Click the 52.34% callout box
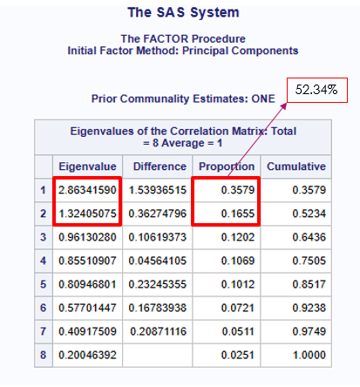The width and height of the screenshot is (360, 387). [x=317, y=90]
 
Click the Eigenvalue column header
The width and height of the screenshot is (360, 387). [x=87, y=166]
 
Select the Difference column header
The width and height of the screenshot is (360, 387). [x=160, y=166]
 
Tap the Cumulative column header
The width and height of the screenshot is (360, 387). [x=296, y=166]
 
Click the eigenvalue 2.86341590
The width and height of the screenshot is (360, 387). [x=87, y=190]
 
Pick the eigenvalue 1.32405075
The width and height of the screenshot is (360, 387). [x=87, y=214]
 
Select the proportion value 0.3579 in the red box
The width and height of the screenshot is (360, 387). [x=238, y=190]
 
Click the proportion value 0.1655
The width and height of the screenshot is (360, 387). [x=238, y=214]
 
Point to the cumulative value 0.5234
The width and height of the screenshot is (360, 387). [x=309, y=214]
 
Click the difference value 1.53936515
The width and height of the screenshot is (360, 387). [x=157, y=190]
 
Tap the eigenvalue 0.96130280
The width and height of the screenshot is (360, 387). [x=87, y=237]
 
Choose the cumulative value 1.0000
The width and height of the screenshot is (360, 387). [x=309, y=355]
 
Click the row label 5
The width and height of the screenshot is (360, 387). [x=43, y=284]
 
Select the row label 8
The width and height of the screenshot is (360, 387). [x=43, y=355]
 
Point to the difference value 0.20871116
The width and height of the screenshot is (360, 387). [x=158, y=331]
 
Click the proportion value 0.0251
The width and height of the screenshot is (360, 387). [x=238, y=355]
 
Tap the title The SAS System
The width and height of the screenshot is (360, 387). [x=183, y=13]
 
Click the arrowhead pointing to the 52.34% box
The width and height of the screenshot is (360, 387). [x=283, y=106]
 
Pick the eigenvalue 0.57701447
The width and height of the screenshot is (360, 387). [x=87, y=308]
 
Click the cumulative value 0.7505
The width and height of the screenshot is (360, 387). [x=309, y=261]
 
